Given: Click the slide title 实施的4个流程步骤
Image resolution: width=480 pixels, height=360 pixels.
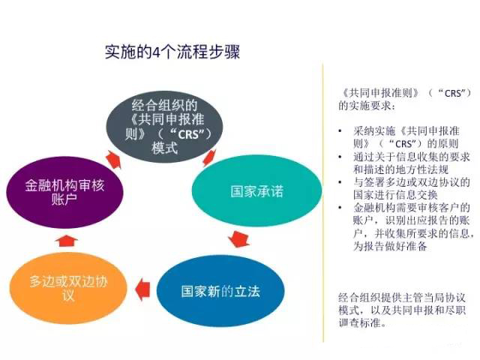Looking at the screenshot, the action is click(172, 52).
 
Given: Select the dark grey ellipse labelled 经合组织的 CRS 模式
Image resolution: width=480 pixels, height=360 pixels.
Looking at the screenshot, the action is click(164, 127).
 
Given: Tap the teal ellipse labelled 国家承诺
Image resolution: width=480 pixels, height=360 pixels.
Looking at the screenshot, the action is click(256, 191).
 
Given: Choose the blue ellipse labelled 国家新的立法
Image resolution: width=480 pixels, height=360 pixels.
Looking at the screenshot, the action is click(220, 291).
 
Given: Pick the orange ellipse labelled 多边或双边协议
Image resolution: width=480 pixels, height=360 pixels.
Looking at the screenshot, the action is click(68, 288).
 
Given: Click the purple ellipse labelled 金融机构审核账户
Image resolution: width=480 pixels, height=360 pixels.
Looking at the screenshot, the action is click(64, 193).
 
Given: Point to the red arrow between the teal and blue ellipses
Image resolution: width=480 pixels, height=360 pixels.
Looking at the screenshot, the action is click(239, 238).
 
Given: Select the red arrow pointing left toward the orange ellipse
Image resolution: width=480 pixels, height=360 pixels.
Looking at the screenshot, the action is click(142, 289).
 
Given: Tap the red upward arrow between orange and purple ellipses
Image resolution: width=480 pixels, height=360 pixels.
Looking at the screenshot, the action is click(67, 241).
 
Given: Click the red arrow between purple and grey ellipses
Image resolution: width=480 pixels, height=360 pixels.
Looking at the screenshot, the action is click(113, 159).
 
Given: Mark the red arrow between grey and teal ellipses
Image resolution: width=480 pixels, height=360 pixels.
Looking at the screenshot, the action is click(209, 157).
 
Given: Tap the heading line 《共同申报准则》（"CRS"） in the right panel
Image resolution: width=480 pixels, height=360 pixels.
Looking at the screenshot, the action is click(405, 93).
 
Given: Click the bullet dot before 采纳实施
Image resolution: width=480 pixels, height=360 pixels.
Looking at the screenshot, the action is click(340, 131).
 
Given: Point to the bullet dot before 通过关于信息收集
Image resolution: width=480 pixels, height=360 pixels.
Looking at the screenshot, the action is click(340, 157).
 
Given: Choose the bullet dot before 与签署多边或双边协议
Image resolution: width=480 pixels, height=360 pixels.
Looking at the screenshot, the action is click(340, 182).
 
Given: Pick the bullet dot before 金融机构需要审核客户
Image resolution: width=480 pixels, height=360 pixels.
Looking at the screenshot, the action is click(340, 208).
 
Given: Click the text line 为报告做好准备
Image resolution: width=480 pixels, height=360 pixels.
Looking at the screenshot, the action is click(390, 246).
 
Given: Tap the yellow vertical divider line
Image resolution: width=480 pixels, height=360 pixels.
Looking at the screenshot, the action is click(323, 202).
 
